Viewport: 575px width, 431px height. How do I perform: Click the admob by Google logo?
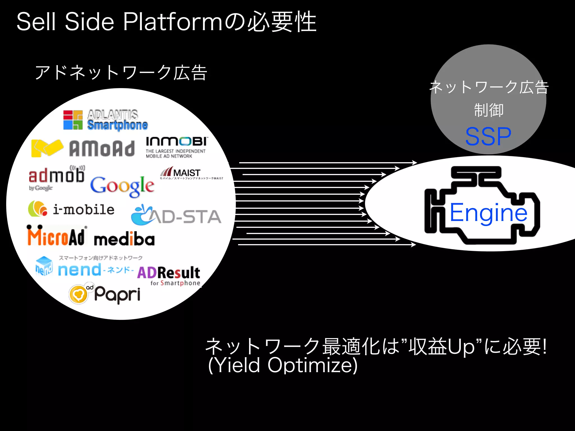coord(56,178)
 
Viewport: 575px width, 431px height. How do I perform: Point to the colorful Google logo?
coord(122,186)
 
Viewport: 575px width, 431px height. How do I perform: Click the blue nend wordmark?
coord(79,270)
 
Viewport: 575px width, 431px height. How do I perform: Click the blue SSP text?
coord(488,137)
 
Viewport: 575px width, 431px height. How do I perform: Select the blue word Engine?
coord(488,213)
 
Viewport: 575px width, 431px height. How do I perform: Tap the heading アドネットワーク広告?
coord(121,73)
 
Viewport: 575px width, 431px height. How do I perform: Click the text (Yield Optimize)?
coord(283,365)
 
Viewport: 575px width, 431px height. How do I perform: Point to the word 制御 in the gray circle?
coord(489,110)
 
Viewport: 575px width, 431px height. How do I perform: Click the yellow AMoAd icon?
coord(47,148)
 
